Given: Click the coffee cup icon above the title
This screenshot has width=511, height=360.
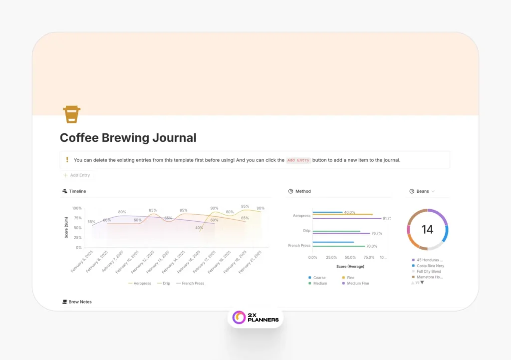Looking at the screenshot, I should tap(72, 114).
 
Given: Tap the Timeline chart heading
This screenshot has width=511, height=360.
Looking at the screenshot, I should tap(77, 191).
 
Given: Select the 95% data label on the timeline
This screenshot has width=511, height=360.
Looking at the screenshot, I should tap(245, 206).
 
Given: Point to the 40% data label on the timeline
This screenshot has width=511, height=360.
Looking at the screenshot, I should tap(199, 228).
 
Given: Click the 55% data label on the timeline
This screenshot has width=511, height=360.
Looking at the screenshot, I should tap(91, 222).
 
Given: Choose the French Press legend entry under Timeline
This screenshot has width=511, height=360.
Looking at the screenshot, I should tap(193, 283).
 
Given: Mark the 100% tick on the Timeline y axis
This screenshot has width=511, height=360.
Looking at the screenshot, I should tap(77, 208).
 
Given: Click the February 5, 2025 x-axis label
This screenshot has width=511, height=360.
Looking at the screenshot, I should tap(82, 262).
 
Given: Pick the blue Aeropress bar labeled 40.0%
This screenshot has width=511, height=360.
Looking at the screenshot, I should tap(327, 212).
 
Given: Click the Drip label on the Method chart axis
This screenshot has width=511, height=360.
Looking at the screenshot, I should tap(306, 231).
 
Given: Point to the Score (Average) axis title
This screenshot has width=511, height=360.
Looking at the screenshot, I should tap(349, 266).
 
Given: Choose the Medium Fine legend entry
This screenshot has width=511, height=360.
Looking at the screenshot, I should tap(357, 283).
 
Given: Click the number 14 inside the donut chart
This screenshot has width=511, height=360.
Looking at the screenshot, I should tap(427, 230).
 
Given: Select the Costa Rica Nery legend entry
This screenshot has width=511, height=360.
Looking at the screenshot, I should tap(430, 266).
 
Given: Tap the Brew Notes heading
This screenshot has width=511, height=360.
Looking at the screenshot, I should tap(80, 302).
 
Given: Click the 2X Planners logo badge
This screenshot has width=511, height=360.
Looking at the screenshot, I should tap(255, 318).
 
